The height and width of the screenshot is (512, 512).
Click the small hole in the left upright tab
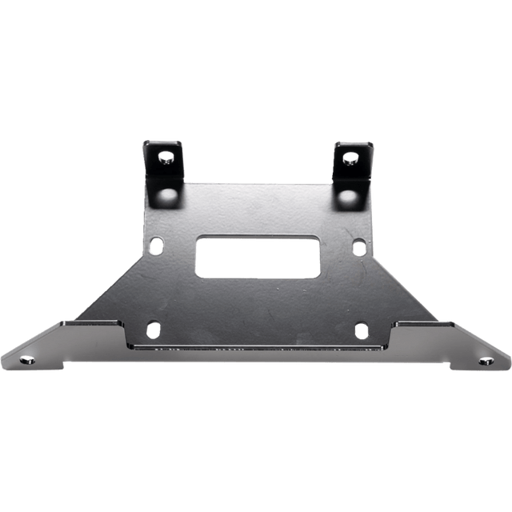coord(167,157)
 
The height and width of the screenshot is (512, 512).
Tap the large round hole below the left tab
coord(170,195)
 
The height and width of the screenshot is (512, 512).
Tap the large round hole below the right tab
coord(345,195)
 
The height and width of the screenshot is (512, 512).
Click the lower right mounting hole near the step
coord(361,329)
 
